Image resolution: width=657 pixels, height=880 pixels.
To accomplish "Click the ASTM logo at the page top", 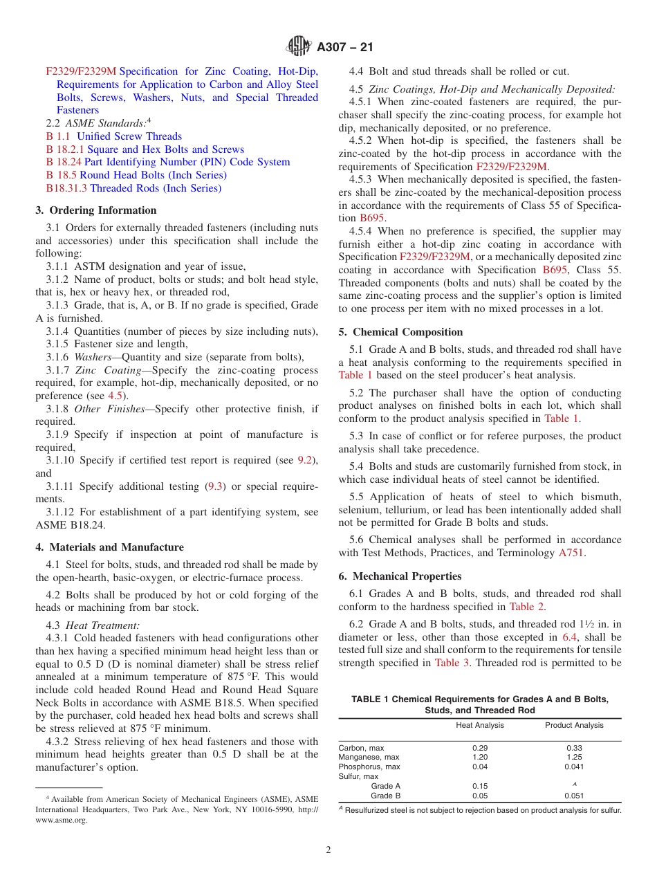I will pos(299,47).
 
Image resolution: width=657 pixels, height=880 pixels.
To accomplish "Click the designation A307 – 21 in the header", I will pos(344,48).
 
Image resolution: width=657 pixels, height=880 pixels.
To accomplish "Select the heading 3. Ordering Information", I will pos(96,210).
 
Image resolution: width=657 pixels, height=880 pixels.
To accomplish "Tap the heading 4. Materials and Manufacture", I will pos(109,547).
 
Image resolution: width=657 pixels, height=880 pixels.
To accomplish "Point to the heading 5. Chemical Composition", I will pos(400,332).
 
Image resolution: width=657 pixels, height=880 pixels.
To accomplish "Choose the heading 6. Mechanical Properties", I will pos(400,576).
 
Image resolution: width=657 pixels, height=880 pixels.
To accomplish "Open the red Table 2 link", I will pos(526,607).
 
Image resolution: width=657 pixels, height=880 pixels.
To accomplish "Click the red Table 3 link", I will pos(452,663).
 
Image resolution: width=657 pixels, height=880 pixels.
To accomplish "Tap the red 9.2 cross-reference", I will pos(304,460).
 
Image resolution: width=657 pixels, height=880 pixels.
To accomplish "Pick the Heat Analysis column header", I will pos(480,725).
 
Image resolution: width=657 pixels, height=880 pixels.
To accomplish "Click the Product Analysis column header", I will pos(574,725).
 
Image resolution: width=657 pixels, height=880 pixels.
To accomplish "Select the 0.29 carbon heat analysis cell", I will pos(480,748).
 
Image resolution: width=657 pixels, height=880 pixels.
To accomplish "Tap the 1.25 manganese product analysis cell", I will pos(574,757).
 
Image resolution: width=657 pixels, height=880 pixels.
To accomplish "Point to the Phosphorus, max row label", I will pos(369,767).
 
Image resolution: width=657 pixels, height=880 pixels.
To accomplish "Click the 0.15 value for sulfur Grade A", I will pos(480,786).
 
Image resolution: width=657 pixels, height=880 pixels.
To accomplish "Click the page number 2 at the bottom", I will pos(328,850).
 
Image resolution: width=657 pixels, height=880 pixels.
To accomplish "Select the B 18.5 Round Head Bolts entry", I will pos(136,175).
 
